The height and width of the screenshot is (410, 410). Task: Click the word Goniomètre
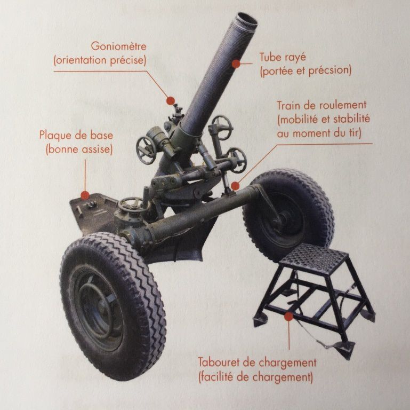(118, 46)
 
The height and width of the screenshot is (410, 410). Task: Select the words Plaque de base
(76, 135)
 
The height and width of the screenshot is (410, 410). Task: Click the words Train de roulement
(321, 105)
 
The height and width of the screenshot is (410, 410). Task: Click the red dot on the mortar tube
(235, 64)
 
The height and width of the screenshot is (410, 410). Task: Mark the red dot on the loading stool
(288, 316)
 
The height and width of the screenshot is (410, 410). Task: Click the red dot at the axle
(235, 185)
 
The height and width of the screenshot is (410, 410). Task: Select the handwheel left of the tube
(146, 149)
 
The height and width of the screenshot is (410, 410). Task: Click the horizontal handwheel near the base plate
(131, 205)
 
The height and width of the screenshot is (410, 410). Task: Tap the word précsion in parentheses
(329, 70)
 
